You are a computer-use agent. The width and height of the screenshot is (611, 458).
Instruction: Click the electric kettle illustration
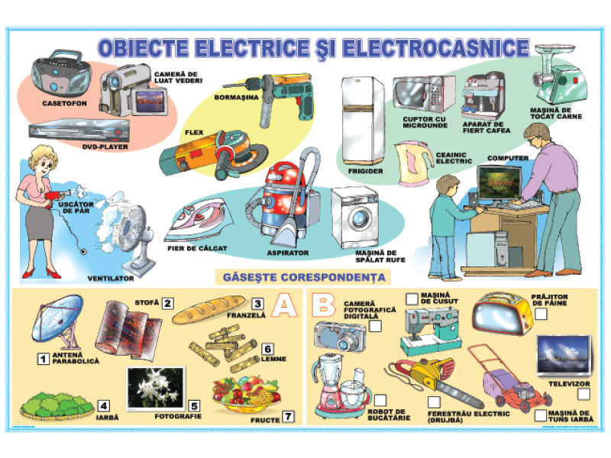(413, 163)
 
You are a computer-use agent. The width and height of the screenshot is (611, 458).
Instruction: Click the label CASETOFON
(65, 104)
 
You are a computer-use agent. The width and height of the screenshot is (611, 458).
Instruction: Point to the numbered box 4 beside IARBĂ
(104, 406)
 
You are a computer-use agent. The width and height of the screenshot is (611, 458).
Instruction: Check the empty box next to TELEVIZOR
(584, 394)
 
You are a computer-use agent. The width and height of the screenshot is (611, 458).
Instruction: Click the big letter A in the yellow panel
(285, 305)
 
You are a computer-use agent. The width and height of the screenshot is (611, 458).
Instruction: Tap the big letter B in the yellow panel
(323, 305)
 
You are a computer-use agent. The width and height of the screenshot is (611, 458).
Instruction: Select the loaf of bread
(209, 310)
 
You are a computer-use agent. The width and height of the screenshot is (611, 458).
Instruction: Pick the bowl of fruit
(246, 394)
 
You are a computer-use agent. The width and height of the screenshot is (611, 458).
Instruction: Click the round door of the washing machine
(360, 219)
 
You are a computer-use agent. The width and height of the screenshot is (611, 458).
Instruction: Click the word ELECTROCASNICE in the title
(435, 48)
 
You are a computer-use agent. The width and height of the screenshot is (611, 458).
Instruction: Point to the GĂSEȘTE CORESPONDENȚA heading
(304, 277)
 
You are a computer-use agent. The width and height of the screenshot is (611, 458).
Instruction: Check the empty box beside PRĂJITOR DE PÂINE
(541, 314)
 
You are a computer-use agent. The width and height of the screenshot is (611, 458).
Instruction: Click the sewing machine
(431, 331)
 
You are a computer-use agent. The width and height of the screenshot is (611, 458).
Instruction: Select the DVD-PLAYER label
(105, 147)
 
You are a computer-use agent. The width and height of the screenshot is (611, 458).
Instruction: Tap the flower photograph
(156, 389)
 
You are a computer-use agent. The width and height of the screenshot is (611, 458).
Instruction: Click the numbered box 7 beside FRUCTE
(288, 417)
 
